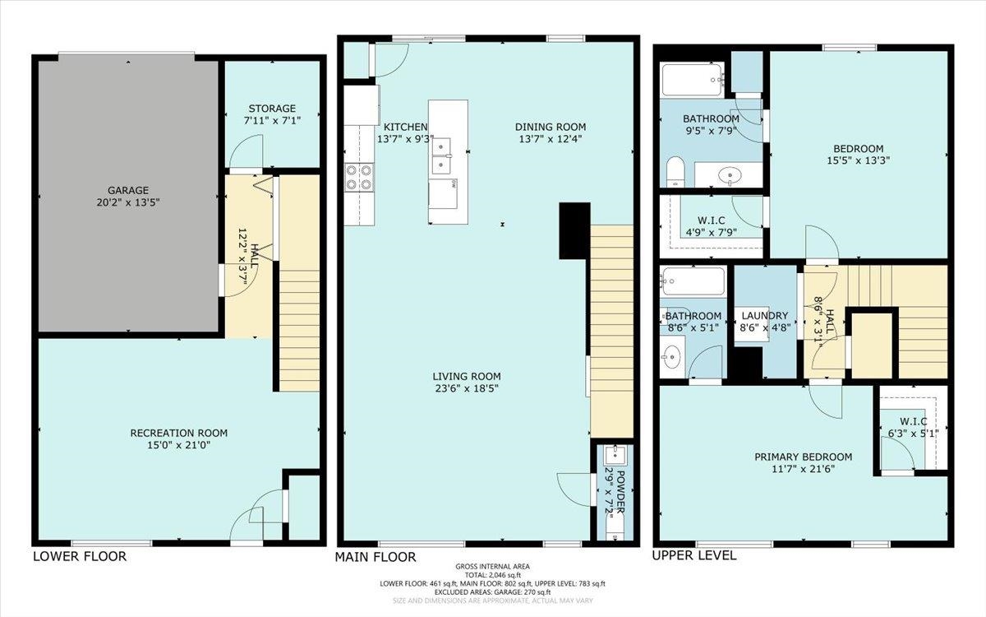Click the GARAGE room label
coord(128,190)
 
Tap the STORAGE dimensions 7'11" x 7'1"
coord(272,120)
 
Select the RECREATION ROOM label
coord(179,434)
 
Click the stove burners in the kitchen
coord(360,178)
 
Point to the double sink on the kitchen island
coord(441,156)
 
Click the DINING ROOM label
coord(551,127)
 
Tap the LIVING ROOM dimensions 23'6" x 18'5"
coord(467,388)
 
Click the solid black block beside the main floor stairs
coord(574,230)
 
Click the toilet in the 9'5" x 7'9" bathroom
coord(675,171)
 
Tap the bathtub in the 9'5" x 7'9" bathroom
coord(693,80)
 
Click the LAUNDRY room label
coord(765,316)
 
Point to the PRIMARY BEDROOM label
coord(804,457)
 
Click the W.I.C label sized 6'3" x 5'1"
coord(914,422)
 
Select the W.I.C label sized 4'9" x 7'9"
coord(712,220)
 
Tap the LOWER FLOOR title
coord(80,557)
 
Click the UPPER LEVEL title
coord(694,556)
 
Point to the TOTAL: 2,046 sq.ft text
coord(492,575)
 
